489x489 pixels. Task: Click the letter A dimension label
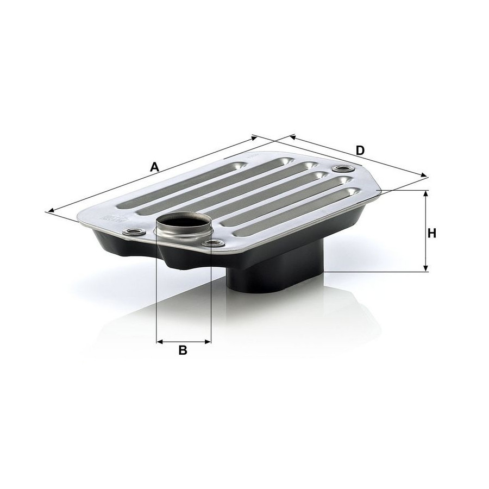coord(154,167)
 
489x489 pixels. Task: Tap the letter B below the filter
coord(183,350)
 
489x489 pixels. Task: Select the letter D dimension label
coord(360,151)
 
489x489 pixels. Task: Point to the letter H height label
coord(432,233)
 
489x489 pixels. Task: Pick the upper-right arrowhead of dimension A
coord(254,137)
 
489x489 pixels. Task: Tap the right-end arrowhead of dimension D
coord(424,175)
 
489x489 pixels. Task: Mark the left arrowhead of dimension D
coord(293,137)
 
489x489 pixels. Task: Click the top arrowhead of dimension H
coord(426,193)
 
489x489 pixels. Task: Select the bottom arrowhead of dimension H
coord(426,268)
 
